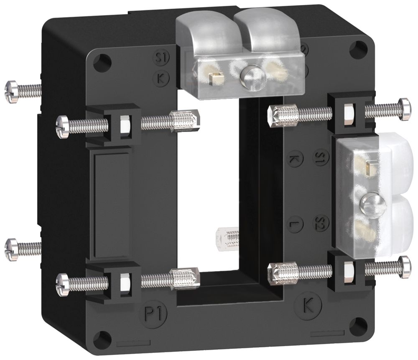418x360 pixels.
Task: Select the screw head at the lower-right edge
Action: (x=405, y=266)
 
